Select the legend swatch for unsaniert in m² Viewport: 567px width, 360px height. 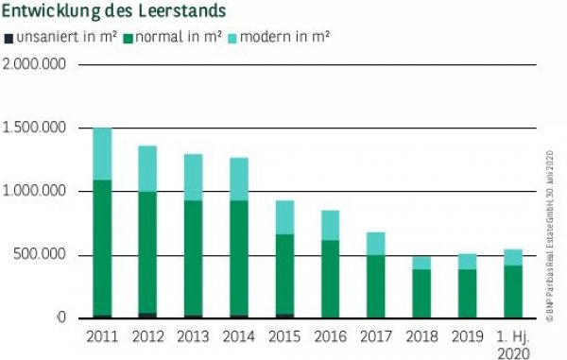coord(9,38)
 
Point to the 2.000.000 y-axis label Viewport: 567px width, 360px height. coord(36,64)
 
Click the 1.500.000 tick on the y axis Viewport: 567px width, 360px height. coord(36,128)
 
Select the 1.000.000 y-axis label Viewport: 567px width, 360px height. coord(36,191)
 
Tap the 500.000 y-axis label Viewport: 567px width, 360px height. coord(43,255)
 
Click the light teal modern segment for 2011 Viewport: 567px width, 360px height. coord(102,153)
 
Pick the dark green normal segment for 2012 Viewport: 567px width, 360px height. coord(147,251)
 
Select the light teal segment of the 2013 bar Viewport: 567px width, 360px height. coord(193,177)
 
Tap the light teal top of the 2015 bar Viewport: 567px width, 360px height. coord(283,216)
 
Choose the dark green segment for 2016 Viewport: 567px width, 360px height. coord(329,279)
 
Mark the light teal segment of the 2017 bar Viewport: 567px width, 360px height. coord(375,243)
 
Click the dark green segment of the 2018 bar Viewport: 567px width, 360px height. coord(421,293)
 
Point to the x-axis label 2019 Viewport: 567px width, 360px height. coord(466,335)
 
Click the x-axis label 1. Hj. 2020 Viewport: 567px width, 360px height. coord(512,344)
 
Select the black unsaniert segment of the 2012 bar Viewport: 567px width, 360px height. coord(147,316)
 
